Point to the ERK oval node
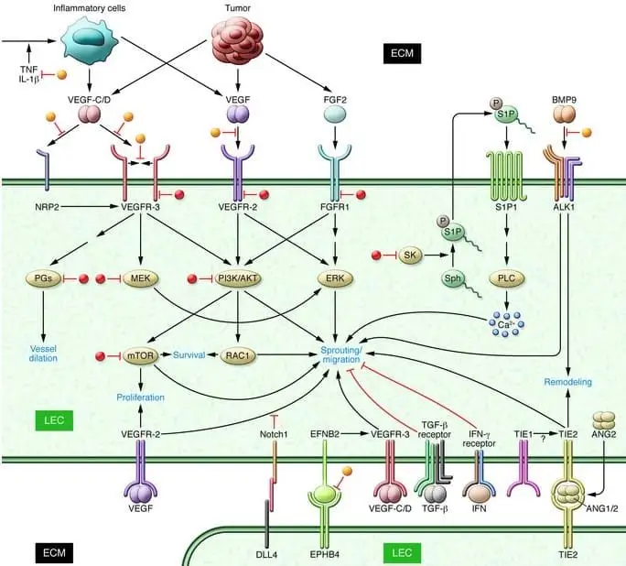point(336,278)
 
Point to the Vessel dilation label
point(43,353)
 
